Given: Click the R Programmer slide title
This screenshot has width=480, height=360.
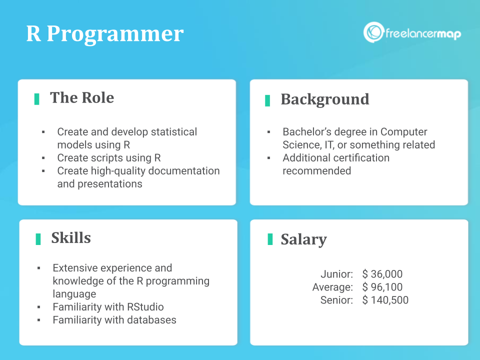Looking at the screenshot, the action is [x=104, y=33].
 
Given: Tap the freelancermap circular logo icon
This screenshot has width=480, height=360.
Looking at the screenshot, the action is [x=373, y=32].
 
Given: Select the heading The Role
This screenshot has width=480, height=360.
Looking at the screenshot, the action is [x=82, y=97].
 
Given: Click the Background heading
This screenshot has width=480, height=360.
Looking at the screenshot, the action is [x=325, y=99].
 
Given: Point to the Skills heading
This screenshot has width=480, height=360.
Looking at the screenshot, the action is [x=71, y=238].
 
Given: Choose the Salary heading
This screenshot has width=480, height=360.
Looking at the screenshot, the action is [x=303, y=239].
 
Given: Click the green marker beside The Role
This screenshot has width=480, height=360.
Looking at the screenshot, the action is [x=36, y=99].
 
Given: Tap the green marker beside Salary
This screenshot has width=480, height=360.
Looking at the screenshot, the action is [x=270, y=239].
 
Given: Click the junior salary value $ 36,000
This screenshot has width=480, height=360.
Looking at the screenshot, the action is [x=382, y=274].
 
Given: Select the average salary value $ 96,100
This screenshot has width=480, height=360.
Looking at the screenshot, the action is [x=382, y=287].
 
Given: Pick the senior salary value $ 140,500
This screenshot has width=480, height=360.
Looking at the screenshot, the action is [x=385, y=300].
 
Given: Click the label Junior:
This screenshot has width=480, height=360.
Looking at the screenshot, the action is [x=336, y=274].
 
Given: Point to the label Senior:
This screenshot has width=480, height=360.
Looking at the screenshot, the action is [x=336, y=300].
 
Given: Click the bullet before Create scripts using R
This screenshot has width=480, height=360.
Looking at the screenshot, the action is [x=43, y=158].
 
